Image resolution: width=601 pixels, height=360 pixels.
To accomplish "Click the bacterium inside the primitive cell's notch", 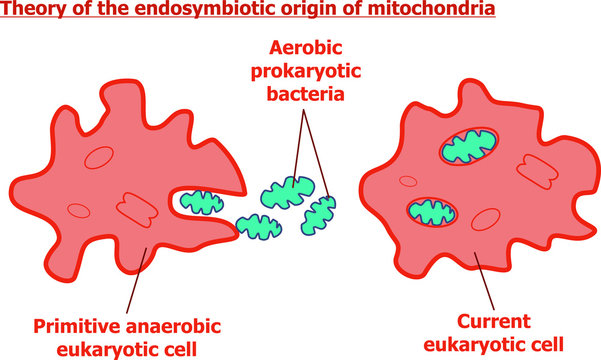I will pyautogui.click(x=199, y=204).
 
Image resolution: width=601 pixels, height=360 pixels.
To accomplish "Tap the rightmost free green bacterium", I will pyautogui.click(x=324, y=211).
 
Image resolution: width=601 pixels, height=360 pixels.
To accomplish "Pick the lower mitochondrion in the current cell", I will pyautogui.click(x=433, y=211).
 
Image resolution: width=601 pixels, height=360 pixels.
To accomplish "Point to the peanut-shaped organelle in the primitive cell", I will pyautogui.click(x=135, y=207).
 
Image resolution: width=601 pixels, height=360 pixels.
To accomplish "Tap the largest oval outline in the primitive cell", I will pyautogui.click(x=99, y=158).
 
